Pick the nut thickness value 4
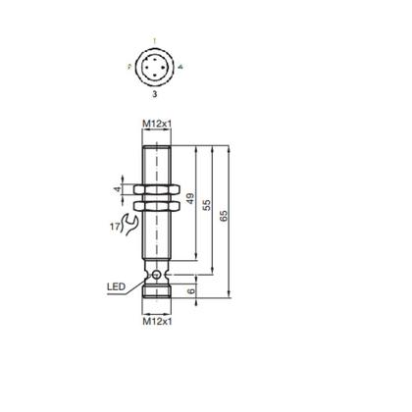pyautogui.click(x=119, y=189)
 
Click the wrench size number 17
pyautogui.click(x=115, y=229)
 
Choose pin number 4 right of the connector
pyautogui.click(x=180, y=66)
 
